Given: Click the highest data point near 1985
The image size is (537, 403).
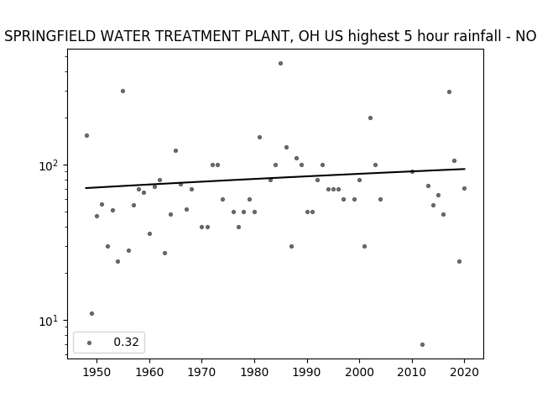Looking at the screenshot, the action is pos(280,64).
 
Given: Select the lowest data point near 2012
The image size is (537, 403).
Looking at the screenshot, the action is pos(422,345).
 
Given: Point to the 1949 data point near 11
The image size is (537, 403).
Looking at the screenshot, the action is pos(91,313).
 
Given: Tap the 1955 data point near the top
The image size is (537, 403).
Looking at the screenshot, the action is pos(123,92).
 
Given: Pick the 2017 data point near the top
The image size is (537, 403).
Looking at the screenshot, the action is pos(450,92).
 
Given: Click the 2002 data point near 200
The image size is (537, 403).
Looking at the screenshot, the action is pos(370,118).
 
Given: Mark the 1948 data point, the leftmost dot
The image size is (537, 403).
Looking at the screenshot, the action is pos(86,136).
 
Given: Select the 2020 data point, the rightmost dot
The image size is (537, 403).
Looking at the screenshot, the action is pos(464,188).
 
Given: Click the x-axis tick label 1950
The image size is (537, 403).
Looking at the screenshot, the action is pos(97,372).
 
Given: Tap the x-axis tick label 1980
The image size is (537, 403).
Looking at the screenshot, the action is pos(254,372).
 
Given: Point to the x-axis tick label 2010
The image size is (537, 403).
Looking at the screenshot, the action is pos(412,372).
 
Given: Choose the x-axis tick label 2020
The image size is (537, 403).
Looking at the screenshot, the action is pos(464,372).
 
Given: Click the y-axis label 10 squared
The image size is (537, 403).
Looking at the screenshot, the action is pos(49,165).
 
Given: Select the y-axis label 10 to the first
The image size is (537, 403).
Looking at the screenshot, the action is pos(49,321).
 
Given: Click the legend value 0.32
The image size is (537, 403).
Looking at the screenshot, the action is pos(126,342).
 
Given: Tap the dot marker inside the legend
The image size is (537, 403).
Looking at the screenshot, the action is pos(90,343).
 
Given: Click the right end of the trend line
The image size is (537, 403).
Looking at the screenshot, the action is pos(465,169).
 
